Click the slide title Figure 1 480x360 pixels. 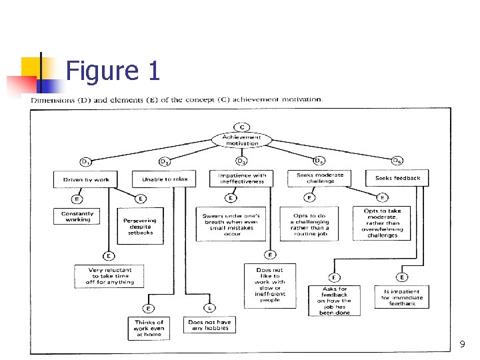(113, 70)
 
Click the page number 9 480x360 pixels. (462, 345)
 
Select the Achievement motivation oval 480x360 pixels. (241, 140)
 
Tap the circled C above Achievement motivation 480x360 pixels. (241, 127)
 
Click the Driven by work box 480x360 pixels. (85, 179)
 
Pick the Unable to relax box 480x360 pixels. (165, 179)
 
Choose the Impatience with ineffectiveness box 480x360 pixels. (241, 179)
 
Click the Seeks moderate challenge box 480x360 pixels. (320, 178)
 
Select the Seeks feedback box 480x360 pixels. (397, 178)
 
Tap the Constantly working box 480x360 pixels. (77, 217)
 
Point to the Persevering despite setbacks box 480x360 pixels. (140, 226)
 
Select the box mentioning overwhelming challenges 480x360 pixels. (382, 223)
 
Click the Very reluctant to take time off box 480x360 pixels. (110, 276)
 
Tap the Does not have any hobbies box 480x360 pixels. (209, 325)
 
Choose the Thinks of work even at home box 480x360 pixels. (149, 328)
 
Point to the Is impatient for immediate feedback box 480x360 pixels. (401, 297)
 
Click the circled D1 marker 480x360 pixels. (85, 162)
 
